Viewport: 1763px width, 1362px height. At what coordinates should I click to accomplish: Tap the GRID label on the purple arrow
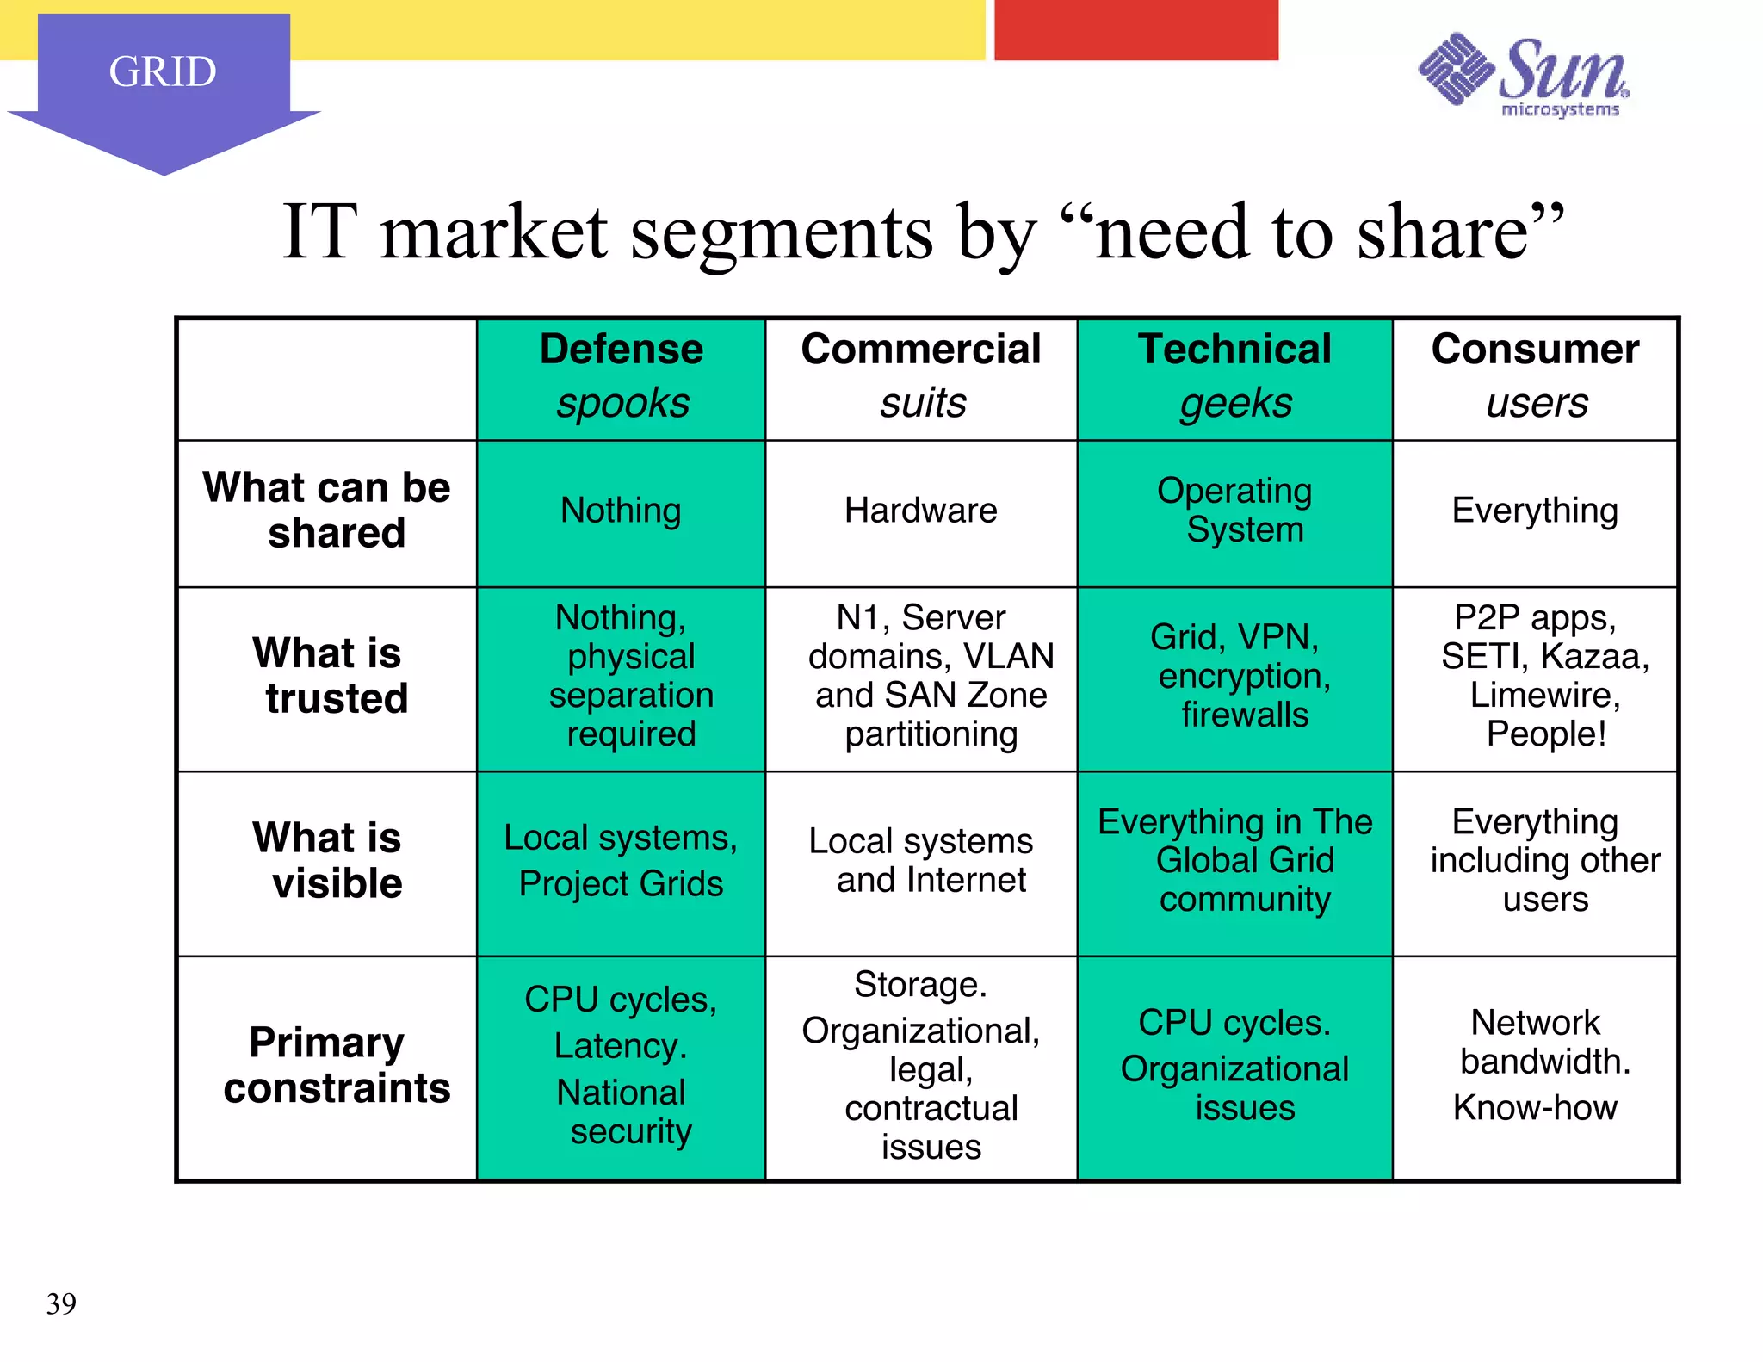pos(163,71)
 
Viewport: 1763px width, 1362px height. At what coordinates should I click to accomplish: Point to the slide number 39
pos(61,1303)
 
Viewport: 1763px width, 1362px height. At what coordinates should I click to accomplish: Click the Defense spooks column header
pos(622,376)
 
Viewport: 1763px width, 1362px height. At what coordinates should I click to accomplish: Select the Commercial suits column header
pos(921,376)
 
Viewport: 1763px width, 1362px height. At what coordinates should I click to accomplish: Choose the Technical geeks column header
pos(1234,376)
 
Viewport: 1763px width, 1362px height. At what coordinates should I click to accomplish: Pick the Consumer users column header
pos(1536,376)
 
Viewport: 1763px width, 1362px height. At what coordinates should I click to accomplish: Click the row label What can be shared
pos(327,510)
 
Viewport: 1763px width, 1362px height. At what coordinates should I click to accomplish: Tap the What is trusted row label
pos(327,676)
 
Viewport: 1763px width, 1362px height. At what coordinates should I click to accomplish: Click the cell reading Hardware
pos(921,511)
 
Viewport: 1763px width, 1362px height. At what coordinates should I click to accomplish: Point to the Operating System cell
pos(1234,510)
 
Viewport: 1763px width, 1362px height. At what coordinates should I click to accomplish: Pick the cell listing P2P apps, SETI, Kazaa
pos(1536,676)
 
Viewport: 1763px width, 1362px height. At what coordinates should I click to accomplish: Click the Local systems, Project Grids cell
pos(622,861)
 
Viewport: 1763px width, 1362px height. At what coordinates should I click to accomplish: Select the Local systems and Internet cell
pos(921,861)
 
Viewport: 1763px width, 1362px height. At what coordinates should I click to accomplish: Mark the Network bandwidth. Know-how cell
pos(1536,1065)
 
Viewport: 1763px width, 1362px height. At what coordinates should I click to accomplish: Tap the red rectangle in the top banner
pos(1135,30)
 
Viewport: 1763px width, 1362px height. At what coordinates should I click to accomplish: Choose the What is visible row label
pos(327,861)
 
